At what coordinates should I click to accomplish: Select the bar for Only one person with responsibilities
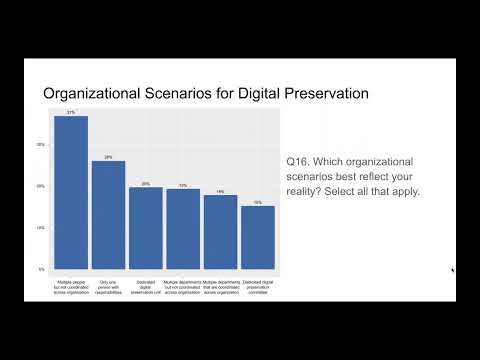click(x=108, y=215)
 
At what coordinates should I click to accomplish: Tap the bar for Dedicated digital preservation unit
click(x=146, y=228)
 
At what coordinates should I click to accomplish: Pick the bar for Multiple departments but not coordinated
click(x=183, y=229)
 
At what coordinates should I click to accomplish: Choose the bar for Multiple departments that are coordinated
click(x=220, y=232)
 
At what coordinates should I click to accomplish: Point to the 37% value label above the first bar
click(x=71, y=112)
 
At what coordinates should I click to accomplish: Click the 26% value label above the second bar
click(x=108, y=157)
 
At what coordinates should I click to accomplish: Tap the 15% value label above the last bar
click(x=257, y=202)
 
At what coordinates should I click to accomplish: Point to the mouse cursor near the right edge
click(x=452, y=269)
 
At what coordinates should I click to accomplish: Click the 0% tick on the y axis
click(x=41, y=270)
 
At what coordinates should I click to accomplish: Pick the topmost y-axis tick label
click(x=41, y=145)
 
